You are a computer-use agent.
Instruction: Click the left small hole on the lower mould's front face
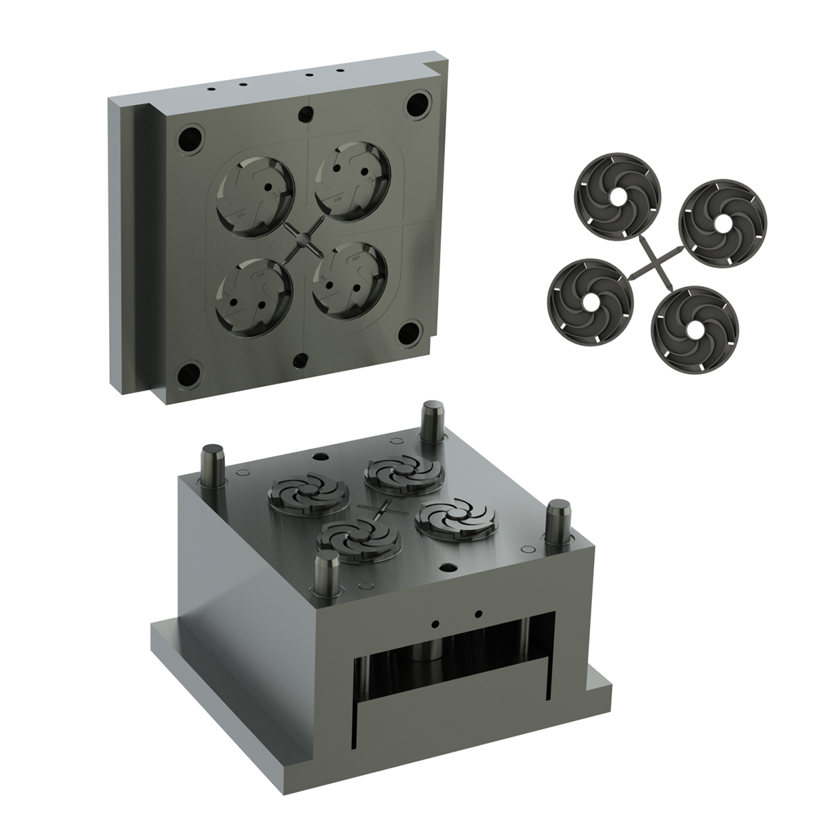(x=435, y=623)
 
